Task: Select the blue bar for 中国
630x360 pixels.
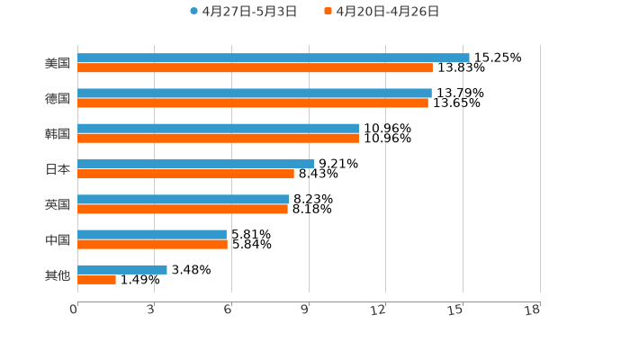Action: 152,234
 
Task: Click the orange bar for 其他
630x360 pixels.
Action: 96,279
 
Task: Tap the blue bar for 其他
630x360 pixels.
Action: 122,269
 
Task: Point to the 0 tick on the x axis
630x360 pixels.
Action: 74,310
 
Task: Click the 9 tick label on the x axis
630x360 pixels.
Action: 305,310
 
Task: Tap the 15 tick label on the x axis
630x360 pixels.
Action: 455,310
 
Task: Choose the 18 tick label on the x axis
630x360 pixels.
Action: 533,310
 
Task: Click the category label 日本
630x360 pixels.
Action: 58,169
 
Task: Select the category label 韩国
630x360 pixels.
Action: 58,133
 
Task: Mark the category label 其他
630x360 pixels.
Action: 58,274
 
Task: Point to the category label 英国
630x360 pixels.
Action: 58,204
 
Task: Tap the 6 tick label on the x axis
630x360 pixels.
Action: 228,310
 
